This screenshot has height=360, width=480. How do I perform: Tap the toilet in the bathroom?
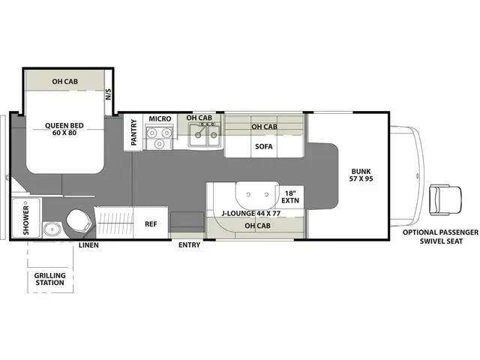tap(79, 221)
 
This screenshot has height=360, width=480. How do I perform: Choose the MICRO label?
tap(159, 118)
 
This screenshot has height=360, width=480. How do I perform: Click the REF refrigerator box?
tap(151, 223)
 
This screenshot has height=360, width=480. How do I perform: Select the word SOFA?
tap(262, 148)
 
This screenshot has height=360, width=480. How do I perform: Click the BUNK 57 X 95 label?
tap(361, 175)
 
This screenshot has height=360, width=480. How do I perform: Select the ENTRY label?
tap(189, 244)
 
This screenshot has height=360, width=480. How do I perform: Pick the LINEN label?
tap(88, 244)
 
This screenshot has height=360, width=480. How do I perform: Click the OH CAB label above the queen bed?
tap(66, 80)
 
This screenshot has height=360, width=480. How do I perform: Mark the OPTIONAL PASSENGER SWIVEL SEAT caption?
tap(439, 237)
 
